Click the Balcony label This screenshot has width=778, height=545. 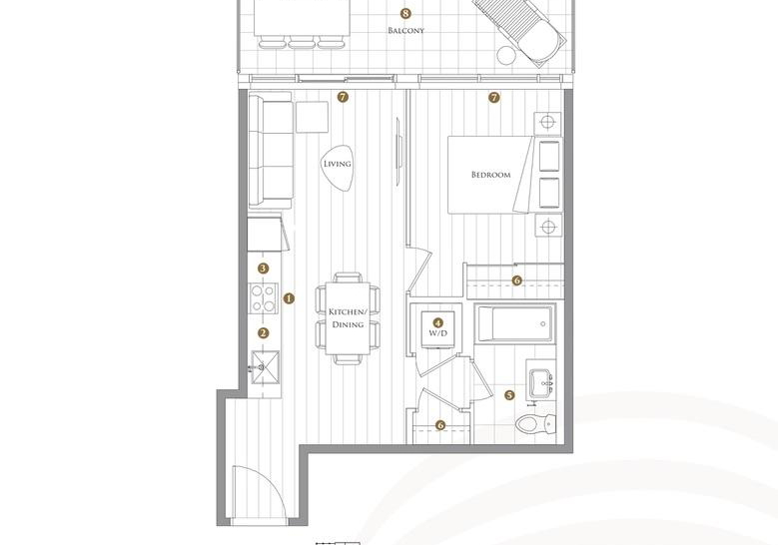coord(405,30)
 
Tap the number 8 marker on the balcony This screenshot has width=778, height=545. coord(405,13)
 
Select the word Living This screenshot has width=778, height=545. coord(338,164)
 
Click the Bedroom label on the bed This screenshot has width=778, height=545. coord(490,175)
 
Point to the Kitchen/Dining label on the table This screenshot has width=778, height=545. coord(348,317)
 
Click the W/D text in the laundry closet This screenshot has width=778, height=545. coord(437,333)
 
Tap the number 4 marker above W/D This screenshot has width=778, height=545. coord(437,322)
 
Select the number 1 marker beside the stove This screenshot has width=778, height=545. coord(289,298)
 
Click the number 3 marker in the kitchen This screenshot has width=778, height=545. coord(264,269)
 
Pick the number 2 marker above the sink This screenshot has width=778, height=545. coord(264,333)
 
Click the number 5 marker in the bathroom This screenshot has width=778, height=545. coord(509,395)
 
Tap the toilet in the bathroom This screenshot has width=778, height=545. coord(535,424)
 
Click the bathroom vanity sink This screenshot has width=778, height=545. coord(540,383)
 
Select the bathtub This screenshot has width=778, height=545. coord(514,323)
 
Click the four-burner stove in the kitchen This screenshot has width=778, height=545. coord(264,298)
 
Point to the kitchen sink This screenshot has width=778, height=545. coord(265,367)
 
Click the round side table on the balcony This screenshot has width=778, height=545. coord(506,55)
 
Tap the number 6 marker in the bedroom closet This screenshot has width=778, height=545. coord(516,280)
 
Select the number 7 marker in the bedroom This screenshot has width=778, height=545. coord(493,98)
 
